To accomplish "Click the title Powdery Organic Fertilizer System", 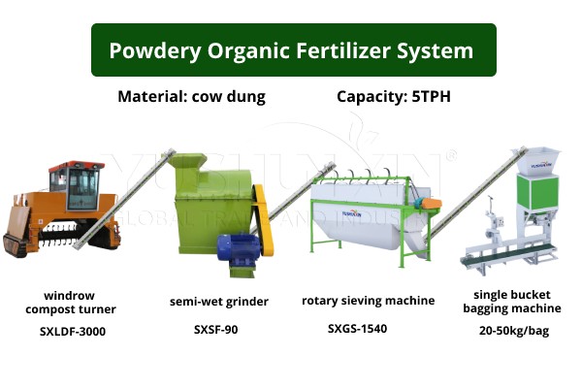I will (291, 50).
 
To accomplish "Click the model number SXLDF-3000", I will (73, 332).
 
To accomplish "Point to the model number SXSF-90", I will (215, 330).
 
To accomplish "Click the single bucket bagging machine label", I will (517, 302).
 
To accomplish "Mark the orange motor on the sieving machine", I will (428, 203).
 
